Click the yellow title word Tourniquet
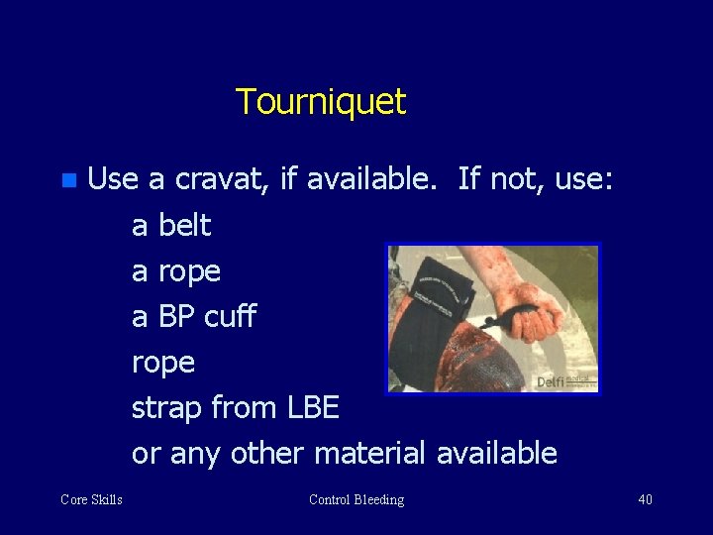pos(321,101)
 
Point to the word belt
pos(185,225)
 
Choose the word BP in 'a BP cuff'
pos(176,317)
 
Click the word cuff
pos(230,317)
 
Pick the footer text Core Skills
pos(91,499)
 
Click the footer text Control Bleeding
pos(356,499)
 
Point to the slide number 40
pos(645,499)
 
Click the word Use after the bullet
pos(113,180)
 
